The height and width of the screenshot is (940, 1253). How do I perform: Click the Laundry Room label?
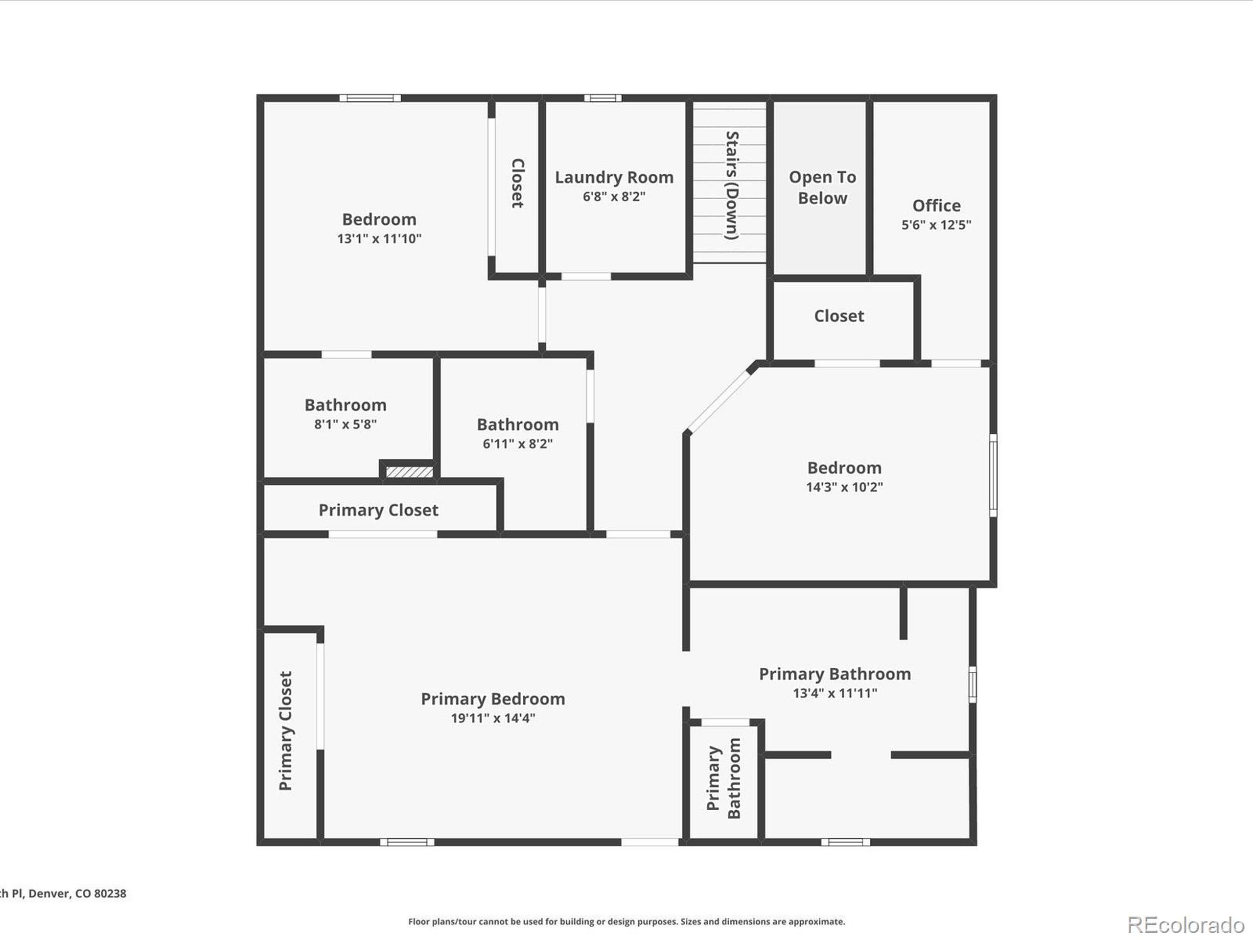(614, 177)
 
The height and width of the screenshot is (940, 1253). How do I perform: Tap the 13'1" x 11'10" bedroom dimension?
(379, 238)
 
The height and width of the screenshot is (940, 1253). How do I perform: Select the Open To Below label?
(822, 188)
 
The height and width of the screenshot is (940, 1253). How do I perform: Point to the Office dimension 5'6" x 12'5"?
(936, 225)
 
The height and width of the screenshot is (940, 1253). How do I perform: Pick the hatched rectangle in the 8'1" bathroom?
(410, 472)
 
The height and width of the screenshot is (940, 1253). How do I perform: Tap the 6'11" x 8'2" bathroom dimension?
(517, 444)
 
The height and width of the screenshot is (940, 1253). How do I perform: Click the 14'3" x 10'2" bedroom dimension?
(844, 487)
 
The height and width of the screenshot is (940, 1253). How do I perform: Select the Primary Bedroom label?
(493, 699)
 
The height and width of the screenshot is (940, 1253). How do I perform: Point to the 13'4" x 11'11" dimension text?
(835, 693)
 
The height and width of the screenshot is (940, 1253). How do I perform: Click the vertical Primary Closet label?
(285, 731)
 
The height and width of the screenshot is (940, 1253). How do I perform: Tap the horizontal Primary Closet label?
(378, 510)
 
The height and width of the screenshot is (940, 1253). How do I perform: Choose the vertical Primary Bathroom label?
(723, 778)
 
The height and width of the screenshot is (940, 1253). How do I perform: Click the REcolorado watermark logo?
(1185, 924)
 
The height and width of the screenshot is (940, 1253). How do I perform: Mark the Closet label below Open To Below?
(839, 316)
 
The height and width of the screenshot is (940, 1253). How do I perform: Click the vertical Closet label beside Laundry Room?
(518, 183)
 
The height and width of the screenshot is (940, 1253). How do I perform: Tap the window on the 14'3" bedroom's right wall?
(993, 475)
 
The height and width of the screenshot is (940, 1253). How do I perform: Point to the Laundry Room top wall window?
(603, 98)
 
